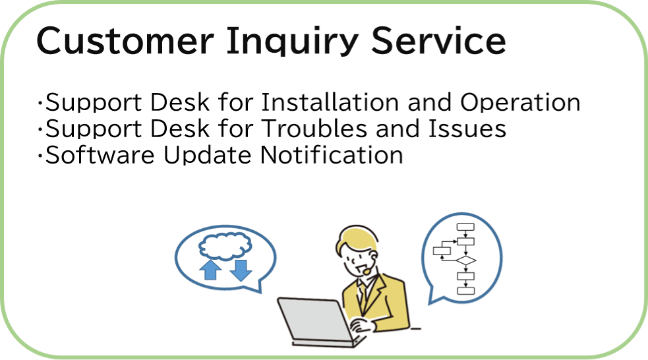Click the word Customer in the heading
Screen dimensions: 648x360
click(125, 40)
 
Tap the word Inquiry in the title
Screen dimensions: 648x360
click(293, 42)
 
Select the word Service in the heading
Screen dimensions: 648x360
click(438, 40)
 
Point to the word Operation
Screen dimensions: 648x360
click(520, 102)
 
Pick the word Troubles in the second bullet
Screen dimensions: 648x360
click(314, 128)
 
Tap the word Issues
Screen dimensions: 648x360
click(467, 128)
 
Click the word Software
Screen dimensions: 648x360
click(100, 154)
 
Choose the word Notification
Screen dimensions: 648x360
click(332, 154)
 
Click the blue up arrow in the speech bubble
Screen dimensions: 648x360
click(210, 270)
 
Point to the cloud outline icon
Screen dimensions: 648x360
click(225, 247)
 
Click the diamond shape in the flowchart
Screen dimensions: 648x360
click(466, 260)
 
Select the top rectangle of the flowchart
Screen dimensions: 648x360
click(465, 227)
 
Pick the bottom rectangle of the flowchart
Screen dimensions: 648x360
click(466, 291)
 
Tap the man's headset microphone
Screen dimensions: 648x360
click(367, 272)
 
